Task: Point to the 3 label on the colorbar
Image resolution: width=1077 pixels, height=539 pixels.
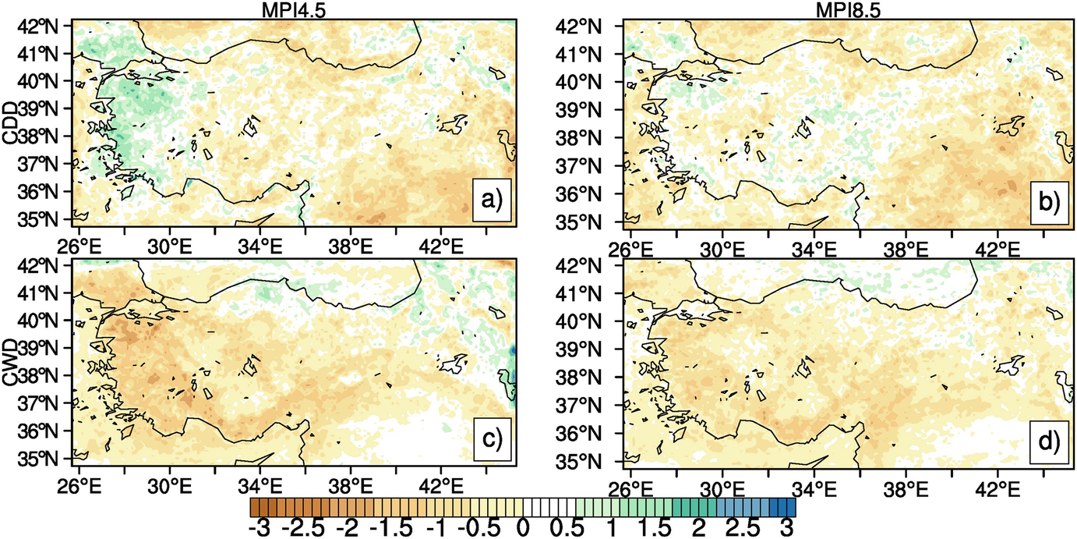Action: click(x=787, y=527)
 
